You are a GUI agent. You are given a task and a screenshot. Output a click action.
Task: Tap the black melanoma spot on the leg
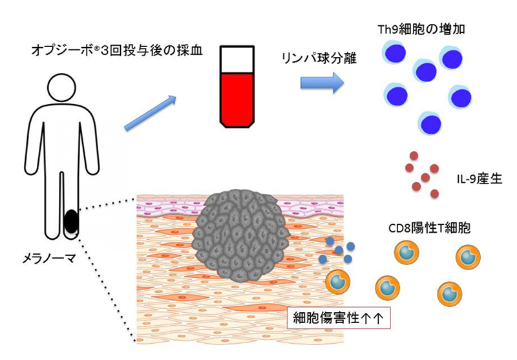(71, 222)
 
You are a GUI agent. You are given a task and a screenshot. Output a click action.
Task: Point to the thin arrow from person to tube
(149, 112)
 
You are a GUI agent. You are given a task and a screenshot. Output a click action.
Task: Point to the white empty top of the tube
(237, 59)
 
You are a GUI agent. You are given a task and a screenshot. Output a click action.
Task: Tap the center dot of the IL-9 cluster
(425, 177)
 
